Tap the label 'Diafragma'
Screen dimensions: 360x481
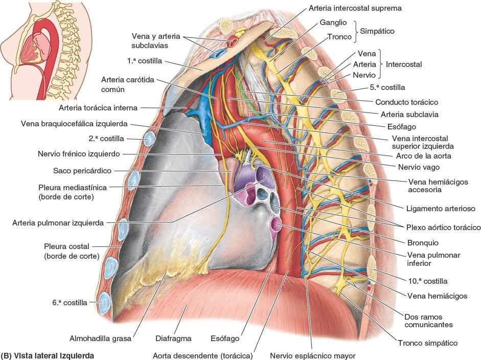coord(173,339)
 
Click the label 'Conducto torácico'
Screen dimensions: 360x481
coord(406,102)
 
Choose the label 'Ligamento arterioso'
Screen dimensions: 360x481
coord(442,208)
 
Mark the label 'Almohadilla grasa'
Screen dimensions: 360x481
coord(101,339)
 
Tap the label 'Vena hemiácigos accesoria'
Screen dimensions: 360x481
coord(438,185)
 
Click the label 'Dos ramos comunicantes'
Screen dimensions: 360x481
coord(428,320)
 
